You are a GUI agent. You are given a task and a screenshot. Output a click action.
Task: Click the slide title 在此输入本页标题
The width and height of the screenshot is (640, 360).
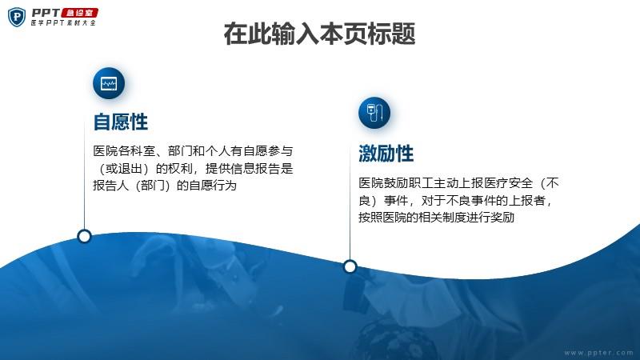[319, 34]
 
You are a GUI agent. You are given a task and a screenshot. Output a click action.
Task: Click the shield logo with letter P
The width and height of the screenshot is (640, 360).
[17, 17]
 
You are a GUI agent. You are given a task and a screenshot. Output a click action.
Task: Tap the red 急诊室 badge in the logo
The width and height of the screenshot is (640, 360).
[79, 13]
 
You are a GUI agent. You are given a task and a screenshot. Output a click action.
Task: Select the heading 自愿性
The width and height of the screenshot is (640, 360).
[121, 122]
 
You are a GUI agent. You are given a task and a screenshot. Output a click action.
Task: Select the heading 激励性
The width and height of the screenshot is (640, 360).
[386, 154]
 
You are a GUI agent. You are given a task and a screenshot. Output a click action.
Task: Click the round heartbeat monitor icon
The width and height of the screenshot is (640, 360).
[109, 84]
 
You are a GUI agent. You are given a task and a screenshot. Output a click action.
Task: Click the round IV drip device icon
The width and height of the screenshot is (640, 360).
[374, 113]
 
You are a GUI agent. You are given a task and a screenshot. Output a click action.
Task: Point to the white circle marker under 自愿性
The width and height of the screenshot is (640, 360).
[84, 236]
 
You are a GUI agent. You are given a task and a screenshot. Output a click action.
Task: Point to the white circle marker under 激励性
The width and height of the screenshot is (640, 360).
[350, 267]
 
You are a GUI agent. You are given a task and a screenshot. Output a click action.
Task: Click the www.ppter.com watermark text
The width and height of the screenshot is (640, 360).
[598, 353]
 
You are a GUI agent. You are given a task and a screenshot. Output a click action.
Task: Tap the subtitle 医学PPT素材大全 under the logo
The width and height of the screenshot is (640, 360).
[63, 23]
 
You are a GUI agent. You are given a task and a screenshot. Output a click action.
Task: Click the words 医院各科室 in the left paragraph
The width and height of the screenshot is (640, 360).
[124, 151]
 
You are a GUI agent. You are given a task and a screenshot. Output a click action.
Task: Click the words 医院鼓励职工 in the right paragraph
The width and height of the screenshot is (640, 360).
[396, 183]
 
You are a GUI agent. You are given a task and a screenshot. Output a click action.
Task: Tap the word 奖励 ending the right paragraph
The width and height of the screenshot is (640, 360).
[502, 217]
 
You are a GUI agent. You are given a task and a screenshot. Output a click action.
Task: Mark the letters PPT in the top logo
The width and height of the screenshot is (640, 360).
[46, 13]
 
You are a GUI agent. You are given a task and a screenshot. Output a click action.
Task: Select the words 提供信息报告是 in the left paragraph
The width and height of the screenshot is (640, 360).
[250, 169]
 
